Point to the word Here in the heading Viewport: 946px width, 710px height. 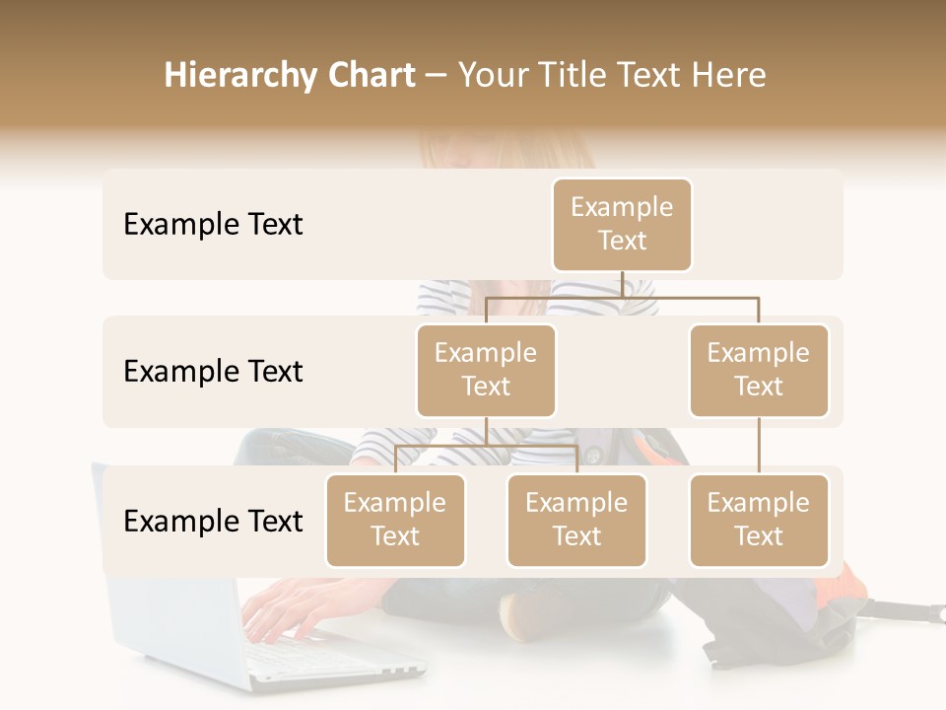pos(727,76)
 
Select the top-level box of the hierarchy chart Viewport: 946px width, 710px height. pos(622,224)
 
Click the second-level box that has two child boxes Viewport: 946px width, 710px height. pos(486,370)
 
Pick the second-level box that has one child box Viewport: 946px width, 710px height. pos(759,370)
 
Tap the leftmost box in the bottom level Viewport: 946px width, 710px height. pos(395,520)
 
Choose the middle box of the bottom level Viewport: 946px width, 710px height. pos(576,520)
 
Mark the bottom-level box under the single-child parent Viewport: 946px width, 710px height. pos(759,520)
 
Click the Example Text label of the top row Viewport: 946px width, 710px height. pos(213,225)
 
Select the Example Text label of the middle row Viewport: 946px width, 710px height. pos(213,372)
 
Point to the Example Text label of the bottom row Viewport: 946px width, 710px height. pos(213,522)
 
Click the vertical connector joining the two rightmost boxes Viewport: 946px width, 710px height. pos(759,446)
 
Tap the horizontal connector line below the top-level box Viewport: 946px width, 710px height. pos(622,296)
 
